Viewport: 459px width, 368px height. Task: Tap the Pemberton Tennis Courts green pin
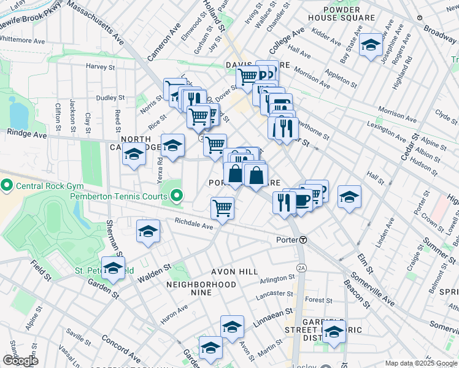click(177, 196)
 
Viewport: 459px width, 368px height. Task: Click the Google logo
click(20, 361)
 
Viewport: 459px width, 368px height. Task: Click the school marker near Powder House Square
click(371, 45)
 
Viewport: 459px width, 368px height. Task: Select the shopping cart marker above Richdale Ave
click(222, 207)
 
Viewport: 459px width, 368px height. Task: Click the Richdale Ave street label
click(193, 223)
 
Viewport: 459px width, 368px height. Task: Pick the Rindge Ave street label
click(27, 133)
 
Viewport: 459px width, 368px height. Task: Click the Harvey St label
click(101, 66)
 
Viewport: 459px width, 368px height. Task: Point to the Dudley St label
click(110, 98)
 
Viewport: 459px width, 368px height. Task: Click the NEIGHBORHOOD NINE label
click(201, 285)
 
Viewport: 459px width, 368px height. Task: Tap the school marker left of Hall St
click(349, 196)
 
